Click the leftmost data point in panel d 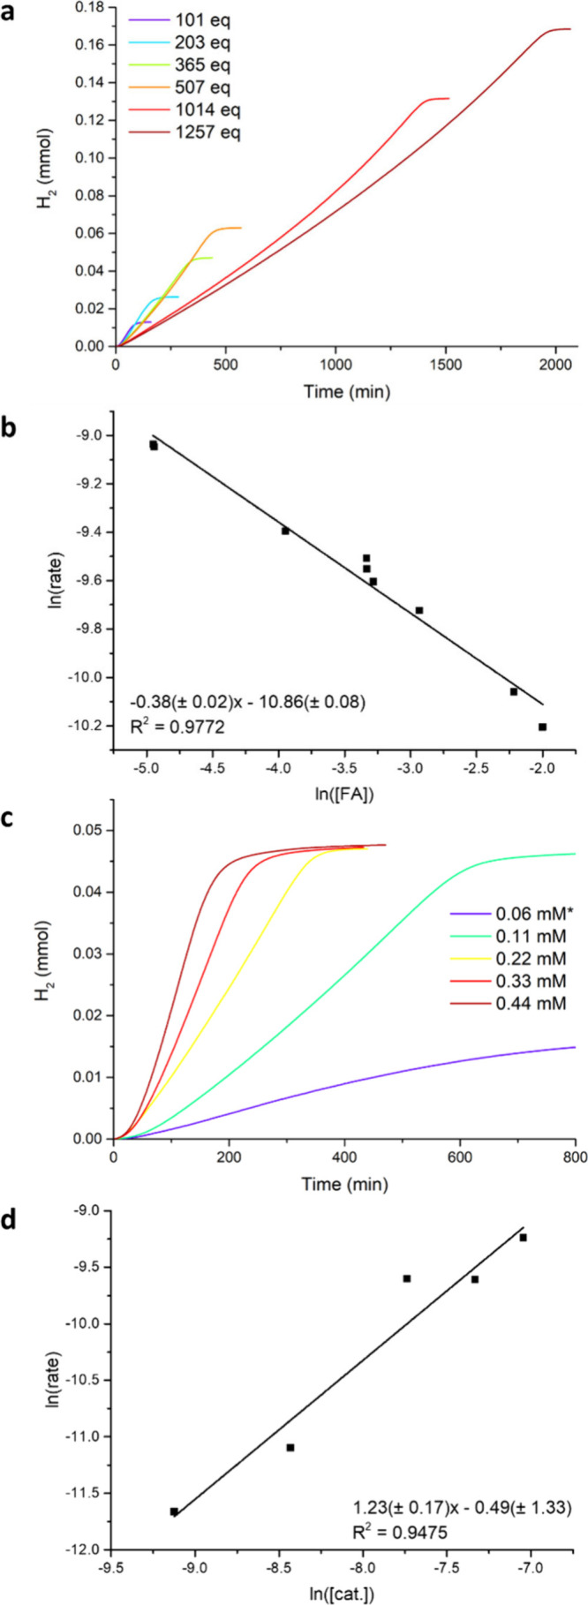[x=174, y=1511]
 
